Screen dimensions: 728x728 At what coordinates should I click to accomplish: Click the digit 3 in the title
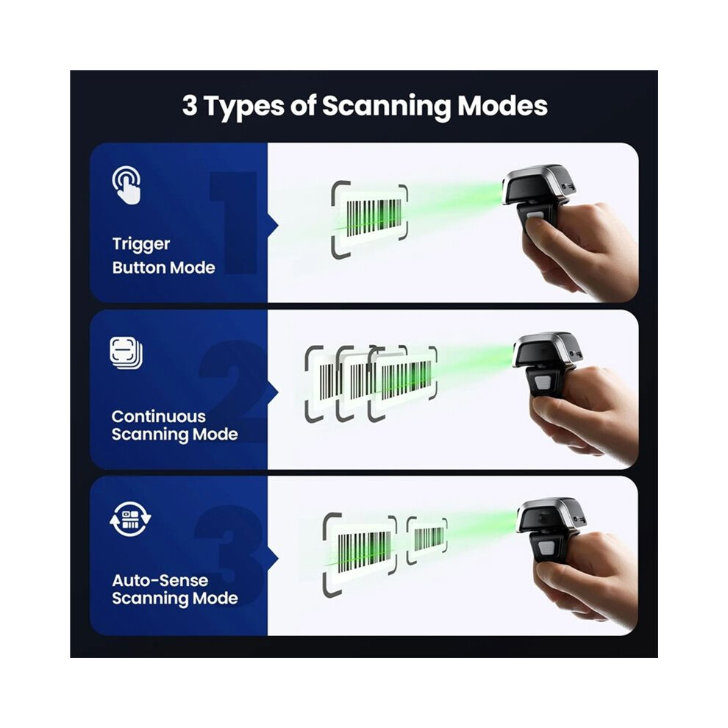[190, 105]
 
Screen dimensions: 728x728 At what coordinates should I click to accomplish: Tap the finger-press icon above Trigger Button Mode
[126, 185]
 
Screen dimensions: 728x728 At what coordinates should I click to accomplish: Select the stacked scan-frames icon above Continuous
[126, 353]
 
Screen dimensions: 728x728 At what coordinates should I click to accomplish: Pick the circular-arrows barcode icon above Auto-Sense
[130, 518]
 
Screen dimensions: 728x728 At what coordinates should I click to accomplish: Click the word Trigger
[141, 245]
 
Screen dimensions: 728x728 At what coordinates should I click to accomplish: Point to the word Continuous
[158, 416]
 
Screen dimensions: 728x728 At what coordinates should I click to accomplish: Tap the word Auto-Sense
[160, 580]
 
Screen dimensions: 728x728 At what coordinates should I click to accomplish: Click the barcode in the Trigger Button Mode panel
[374, 218]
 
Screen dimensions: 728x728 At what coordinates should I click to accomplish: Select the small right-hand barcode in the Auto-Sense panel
[429, 539]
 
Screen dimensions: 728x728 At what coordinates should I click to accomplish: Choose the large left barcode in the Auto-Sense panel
[364, 552]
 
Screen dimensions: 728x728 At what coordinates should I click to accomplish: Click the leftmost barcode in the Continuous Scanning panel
[327, 382]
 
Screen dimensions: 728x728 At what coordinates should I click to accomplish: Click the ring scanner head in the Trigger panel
[538, 186]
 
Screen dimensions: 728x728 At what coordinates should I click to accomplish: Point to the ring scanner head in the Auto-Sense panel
[551, 516]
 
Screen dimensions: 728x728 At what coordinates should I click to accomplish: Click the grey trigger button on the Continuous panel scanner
[542, 383]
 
